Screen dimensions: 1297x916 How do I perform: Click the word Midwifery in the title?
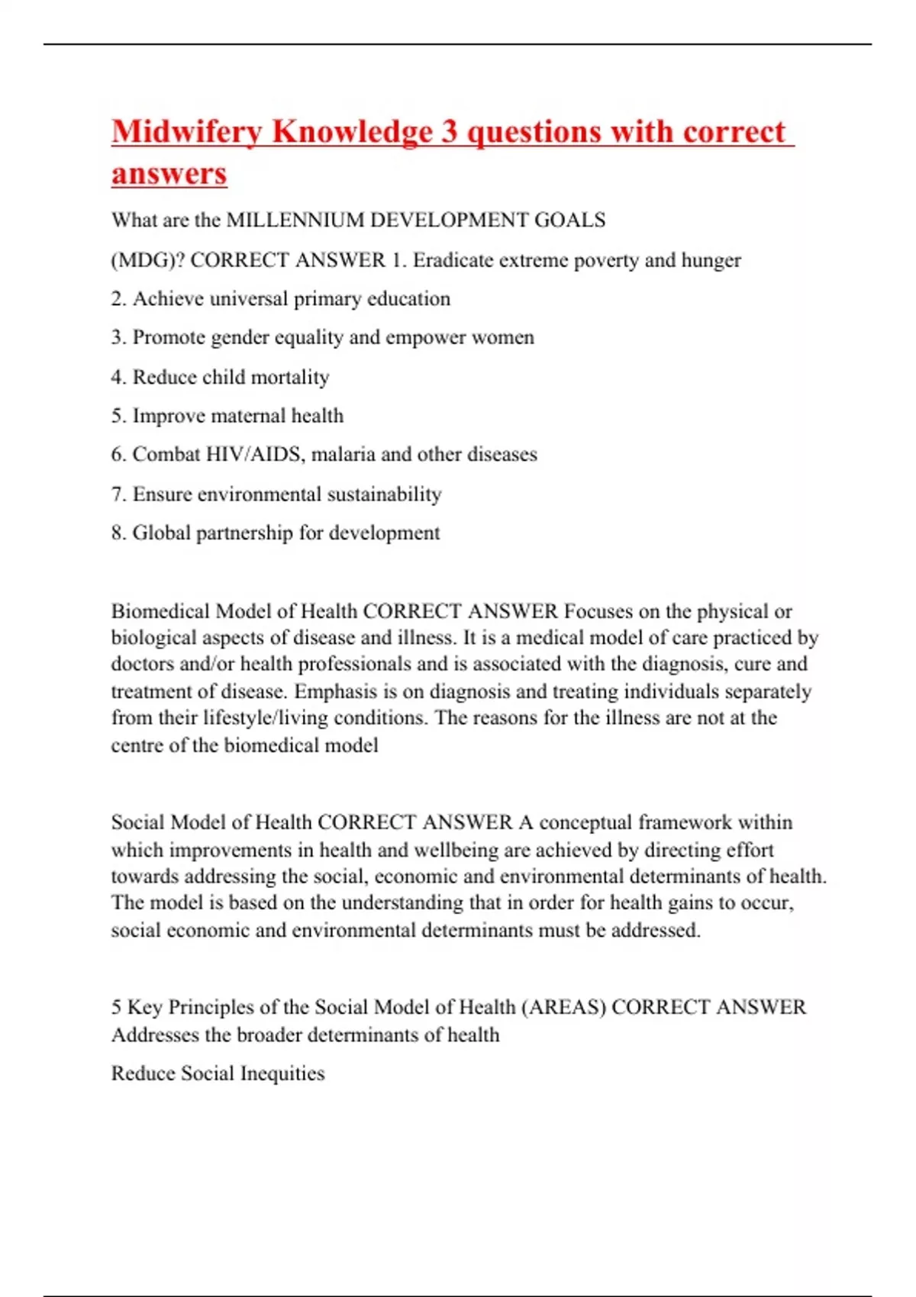(x=187, y=132)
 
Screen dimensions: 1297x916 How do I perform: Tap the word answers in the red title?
(x=169, y=173)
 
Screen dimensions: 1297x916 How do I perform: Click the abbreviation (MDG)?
(x=147, y=260)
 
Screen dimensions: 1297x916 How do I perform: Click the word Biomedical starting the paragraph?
(x=160, y=611)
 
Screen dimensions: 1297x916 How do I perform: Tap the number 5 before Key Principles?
(x=117, y=1007)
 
